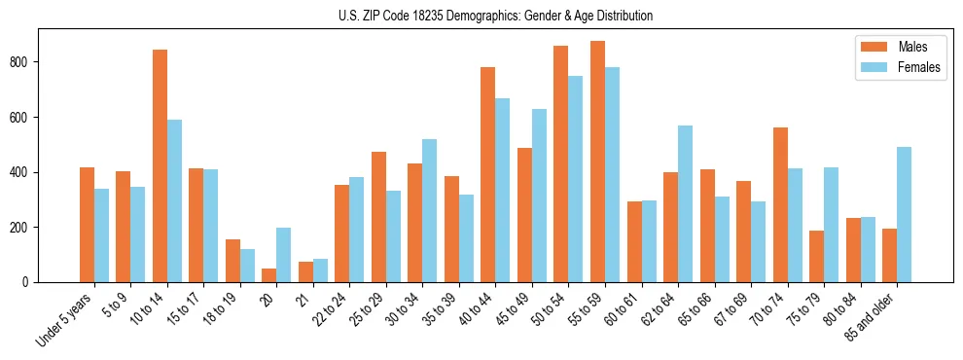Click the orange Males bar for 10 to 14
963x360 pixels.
click(x=160, y=165)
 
